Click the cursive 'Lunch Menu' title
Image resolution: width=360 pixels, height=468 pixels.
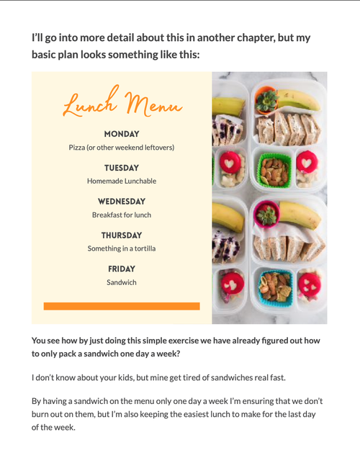[121, 104]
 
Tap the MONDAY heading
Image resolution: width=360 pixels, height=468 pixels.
[122, 134]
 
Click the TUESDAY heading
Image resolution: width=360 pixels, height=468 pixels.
[122, 168]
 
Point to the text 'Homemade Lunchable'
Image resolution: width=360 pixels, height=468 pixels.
[122, 181]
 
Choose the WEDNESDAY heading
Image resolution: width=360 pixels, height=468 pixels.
[122, 202]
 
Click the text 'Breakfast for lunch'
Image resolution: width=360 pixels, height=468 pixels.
[122, 215]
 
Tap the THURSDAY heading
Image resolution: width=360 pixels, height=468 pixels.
[122, 235]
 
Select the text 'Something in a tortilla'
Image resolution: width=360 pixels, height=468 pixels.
[122, 249]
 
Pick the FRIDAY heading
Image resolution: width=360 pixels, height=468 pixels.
[122, 269]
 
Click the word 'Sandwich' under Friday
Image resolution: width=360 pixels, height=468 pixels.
[122, 283]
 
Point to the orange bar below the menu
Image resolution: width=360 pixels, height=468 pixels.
[122, 306]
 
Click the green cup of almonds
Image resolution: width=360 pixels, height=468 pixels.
[274, 171]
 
